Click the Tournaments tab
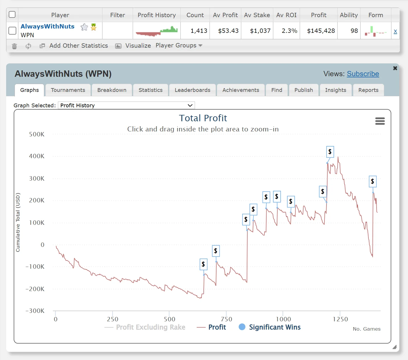tap(68, 90)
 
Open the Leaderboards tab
tap(192, 90)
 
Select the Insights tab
tap(336, 90)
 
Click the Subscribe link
tap(363, 74)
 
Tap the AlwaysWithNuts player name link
tap(47, 26)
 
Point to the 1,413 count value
tap(199, 31)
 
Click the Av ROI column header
tap(286, 15)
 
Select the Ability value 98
tap(354, 31)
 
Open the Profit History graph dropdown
tap(126, 105)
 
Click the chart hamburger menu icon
tap(380, 121)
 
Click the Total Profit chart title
tap(203, 118)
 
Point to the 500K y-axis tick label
tap(37, 134)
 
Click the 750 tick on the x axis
tap(226, 319)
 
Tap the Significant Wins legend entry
tap(270, 327)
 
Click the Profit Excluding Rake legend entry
tap(145, 327)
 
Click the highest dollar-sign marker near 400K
tap(330, 152)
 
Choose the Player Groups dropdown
tap(179, 46)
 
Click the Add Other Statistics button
tap(78, 46)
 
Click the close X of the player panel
tap(395, 68)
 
